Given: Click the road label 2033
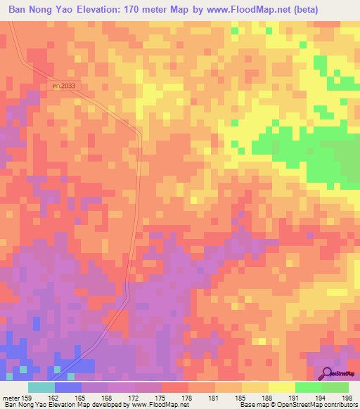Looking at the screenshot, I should pyautogui.click(x=63, y=84).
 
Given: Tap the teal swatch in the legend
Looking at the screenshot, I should pyautogui.click(x=41, y=387).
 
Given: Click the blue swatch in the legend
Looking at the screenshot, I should pyautogui.click(x=68, y=387).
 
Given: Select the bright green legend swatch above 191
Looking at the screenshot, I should pyautogui.click(x=309, y=387).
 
